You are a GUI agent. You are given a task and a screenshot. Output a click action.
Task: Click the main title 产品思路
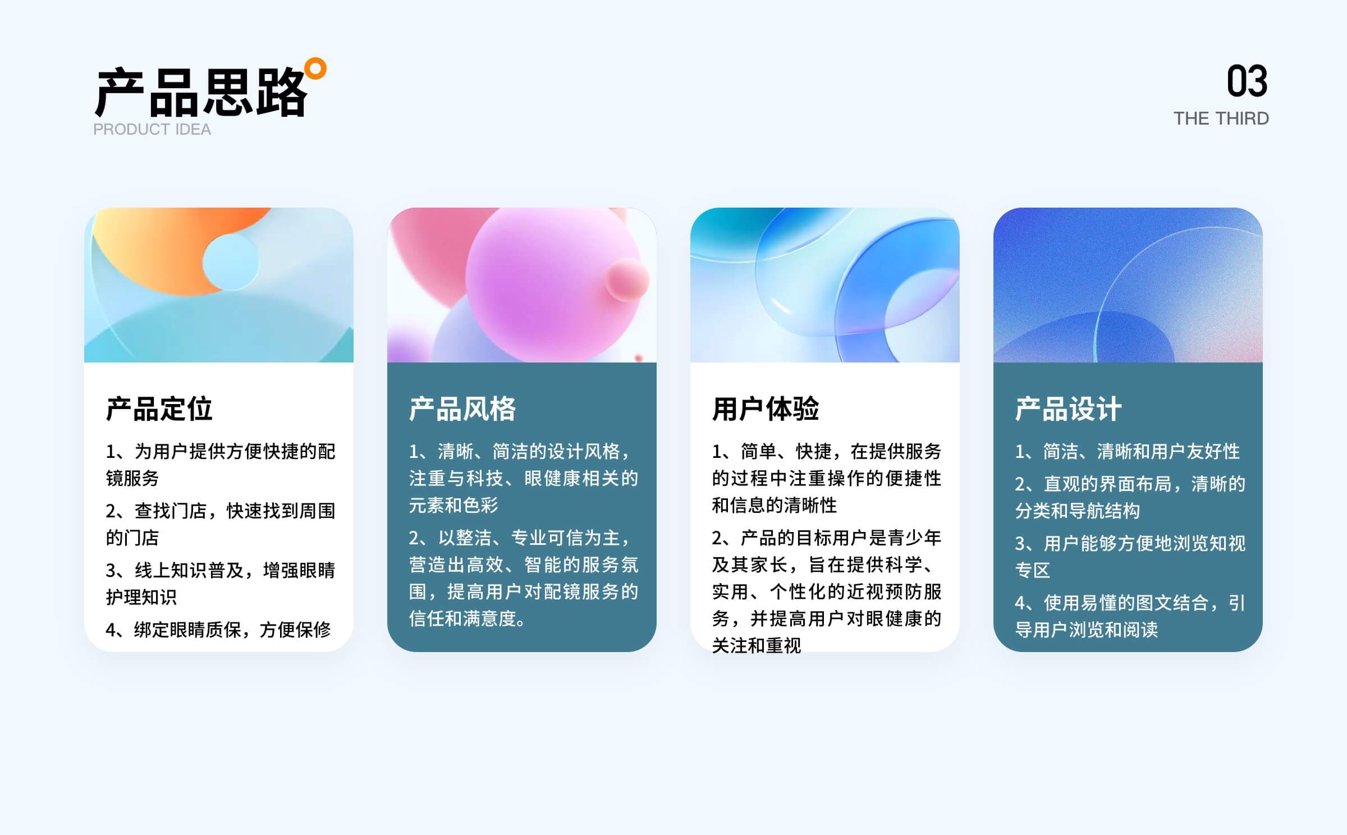pos(201,93)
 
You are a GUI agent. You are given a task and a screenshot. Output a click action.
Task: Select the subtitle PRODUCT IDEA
pos(152,130)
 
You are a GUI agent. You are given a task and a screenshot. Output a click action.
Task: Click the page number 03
pos(1247,81)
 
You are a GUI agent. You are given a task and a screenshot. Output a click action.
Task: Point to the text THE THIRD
pos(1221,118)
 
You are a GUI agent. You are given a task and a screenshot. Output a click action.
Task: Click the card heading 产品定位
pos(159,409)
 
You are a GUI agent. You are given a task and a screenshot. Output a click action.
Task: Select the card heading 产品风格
pos(462,409)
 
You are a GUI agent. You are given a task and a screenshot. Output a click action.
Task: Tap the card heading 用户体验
pos(766,409)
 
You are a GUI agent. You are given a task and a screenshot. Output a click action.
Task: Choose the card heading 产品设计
pos(1069,409)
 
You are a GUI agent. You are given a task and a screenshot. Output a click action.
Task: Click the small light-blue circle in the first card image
pos(231,262)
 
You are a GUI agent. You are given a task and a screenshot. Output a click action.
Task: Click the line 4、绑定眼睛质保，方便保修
pos(218,630)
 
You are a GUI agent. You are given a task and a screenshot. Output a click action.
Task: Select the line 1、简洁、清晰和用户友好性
pos(1128,451)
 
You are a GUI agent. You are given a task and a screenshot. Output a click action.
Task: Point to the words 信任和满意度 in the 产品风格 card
pos(462,618)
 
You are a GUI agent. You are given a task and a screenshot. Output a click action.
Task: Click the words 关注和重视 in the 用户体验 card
pos(757,645)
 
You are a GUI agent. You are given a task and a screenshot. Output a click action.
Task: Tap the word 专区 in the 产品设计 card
pos(1033,570)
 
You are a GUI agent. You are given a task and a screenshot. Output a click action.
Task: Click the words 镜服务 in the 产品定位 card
pos(132,478)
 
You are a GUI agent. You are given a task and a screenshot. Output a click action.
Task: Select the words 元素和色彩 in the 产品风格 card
pos(453,505)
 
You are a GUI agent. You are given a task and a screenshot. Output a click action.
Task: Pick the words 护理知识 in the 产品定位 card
pos(141,597)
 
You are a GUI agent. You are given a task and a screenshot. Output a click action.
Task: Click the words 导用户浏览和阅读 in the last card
pos(1087,630)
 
